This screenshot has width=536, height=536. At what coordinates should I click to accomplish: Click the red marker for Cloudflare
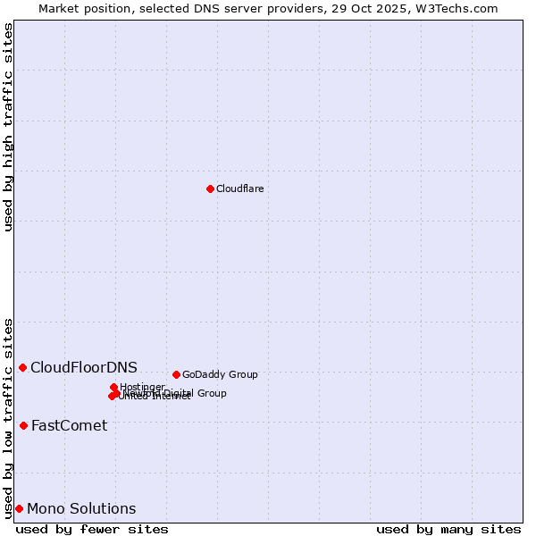[210, 188]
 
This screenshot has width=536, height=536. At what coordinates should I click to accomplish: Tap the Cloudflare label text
[239, 188]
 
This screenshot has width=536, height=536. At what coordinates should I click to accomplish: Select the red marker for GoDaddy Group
[176, 374]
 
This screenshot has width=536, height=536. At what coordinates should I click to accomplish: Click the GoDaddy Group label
[220, 374]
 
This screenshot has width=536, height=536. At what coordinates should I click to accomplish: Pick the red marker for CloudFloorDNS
[22, 367]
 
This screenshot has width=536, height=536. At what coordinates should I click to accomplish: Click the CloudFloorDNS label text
[84, 367]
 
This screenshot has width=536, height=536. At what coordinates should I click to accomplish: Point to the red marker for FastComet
[23, 425]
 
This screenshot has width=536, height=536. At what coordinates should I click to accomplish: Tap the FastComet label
[69, 425]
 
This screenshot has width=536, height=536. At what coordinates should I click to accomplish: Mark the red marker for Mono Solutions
[19, 508]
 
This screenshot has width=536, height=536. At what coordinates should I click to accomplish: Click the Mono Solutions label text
[81, 509]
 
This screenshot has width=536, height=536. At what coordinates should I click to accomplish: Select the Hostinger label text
[142, 387]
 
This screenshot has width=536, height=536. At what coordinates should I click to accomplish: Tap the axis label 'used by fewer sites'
[92, 529]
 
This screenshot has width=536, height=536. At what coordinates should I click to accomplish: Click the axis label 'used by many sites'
[448, 529]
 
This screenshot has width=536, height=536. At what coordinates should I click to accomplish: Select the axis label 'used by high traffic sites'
[8, 127]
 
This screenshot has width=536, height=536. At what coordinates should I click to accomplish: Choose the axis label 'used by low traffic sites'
[8, 417]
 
